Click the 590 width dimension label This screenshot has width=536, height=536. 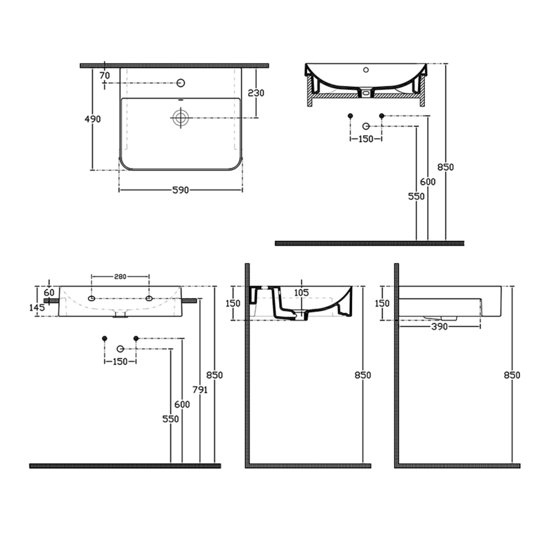pyautogui.click(x=180, y=190)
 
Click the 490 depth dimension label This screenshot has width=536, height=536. pyautogui.click(x=93, y=119)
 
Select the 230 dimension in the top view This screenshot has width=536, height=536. pyautogui.click(x=255, y=93)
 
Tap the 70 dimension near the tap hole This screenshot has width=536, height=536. pyautogui.click(x=105, y=75)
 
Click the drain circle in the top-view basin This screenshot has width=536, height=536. pyautogui.click(x=180, y=118)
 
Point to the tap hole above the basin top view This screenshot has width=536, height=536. pyautogui.click(x=182, y=82)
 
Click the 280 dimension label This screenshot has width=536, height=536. pyautogui.click(x=120, y=277)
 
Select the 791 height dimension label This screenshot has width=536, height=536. pyautogui.click(x=199, y=390)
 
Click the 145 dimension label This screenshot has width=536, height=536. pyautogui.click(x=36, y=307)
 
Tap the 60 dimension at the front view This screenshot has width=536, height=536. pyautogui.click(x=49, y=291)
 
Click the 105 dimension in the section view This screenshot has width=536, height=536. pyautogui.click(x=301, y=291)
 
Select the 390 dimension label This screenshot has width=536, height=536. pyautogui.click(x=439, y=327)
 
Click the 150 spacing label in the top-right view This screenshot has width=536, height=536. pyautogui.click(x=365, y=139)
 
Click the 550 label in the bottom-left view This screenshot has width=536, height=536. pyautogui.click(x=171, y=419)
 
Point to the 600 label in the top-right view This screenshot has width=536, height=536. pyautogui.click(x=429, y=182)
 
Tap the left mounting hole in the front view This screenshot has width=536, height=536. pyautogui.click(x=92, y=299)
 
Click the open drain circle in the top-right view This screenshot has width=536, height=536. pyautogui.click(x=366, y=125)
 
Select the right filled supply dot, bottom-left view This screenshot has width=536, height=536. pyautogui.click(x=136, y=338)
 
